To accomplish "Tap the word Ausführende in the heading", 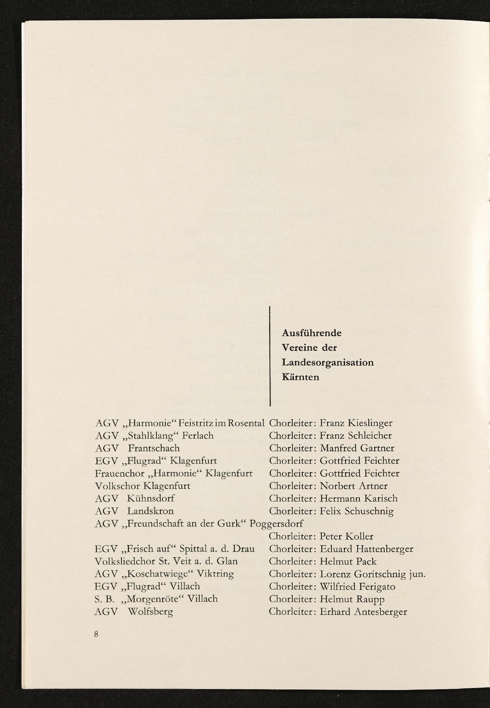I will coord(312,333).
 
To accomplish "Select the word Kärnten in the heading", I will coord(301,377).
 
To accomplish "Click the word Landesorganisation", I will coord(327,362).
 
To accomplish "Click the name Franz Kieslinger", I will coord(356,423).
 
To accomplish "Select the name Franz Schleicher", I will coord(355,436).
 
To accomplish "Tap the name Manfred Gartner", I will coord(357,448).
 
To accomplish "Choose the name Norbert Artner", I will coord(353,486).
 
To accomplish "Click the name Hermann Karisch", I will coord(358,499).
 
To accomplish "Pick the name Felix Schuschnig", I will coord(356,511).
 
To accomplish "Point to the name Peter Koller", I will coord(346,536).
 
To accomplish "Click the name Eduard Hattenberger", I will coord(366,549).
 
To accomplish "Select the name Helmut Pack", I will coord(348,562).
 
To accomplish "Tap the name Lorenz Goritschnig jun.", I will coord(373,574).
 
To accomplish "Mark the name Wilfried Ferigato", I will coord(357,587).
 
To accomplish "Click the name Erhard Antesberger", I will coord(363,612).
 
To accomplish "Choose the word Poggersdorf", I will coord(276,524).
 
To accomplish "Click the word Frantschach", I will coord(153,448).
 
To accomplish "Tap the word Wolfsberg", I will coord(150,612).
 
